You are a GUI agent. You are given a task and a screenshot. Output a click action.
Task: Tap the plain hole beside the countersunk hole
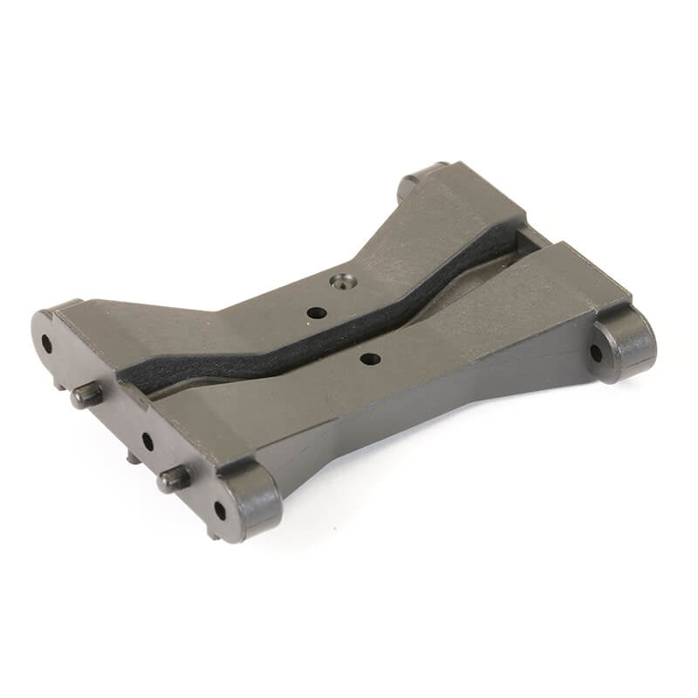pyautogui.click(x=317, y=311)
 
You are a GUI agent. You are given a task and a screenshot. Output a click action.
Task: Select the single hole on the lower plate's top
pyautogui.click(x=370, y=358)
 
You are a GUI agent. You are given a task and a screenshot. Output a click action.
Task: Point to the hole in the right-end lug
pyautogui.click(x=596, y=353)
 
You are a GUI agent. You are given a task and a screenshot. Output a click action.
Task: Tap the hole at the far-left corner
pyautogui.click(x=46, y=343)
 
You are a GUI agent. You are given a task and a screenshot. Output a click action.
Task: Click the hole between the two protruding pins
pyautogui.click(x=147, y=441)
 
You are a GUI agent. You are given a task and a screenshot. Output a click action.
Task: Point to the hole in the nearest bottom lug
pyautogui.click(x=219, y=510)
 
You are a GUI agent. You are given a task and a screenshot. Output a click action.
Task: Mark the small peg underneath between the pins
pyautogui.click(x=131, y=456)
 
